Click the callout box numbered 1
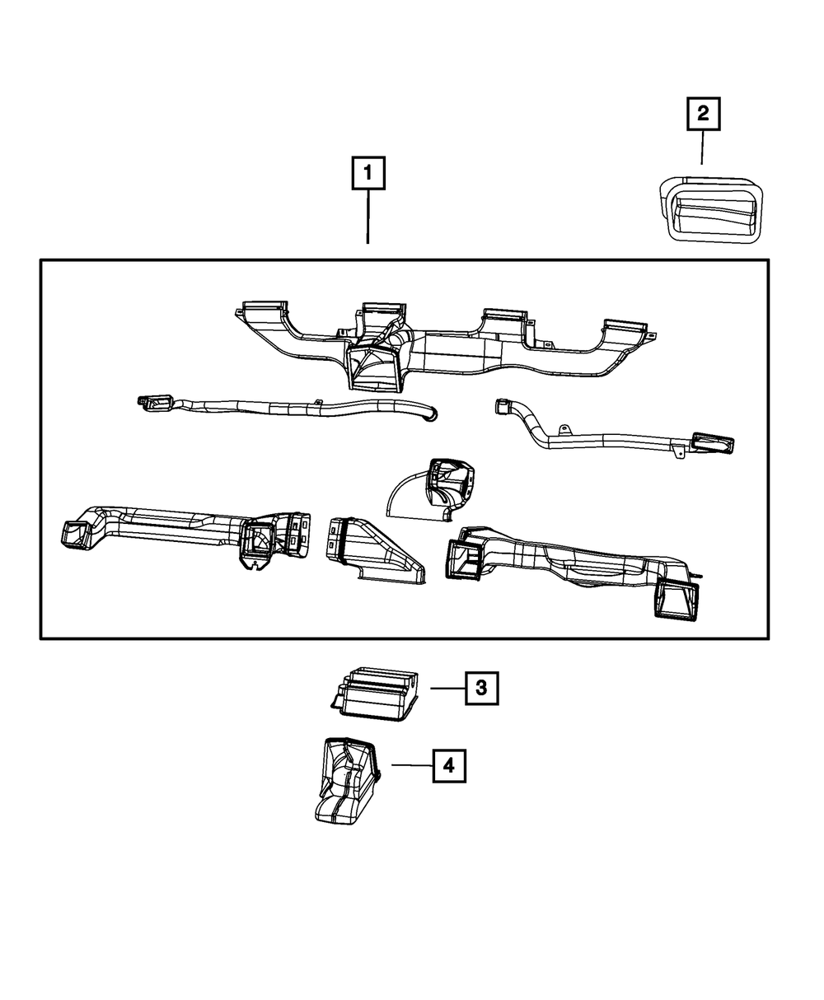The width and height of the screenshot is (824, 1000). click(x=368, y=175)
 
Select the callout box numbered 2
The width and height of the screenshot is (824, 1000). click(x=703, y=114)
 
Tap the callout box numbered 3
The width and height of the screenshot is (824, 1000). click(x=481, y=688)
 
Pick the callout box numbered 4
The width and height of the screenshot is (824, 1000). click(x=448, y=765)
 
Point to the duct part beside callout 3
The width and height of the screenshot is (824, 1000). click(x=377, y=694)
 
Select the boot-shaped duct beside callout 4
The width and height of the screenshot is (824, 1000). click(x=347, y=778)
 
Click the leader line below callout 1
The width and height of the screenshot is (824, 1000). click(x=368, y=217)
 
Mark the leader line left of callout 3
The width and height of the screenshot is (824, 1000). click(x=447, y=688)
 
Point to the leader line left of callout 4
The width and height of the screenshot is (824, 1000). click(x=411, y=765)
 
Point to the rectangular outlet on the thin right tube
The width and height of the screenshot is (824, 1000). click(x=713, y=443)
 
